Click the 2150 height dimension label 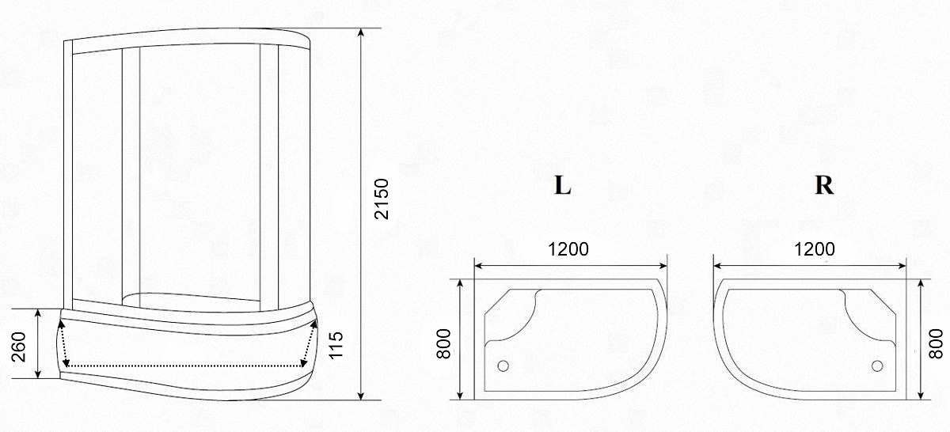382,199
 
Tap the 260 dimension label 19,347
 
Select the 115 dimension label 336,345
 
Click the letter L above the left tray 562,185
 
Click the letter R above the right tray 824,185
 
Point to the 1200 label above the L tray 568,249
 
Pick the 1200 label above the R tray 815,249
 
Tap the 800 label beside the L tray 443,344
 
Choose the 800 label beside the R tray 936,344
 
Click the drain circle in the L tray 503,366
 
